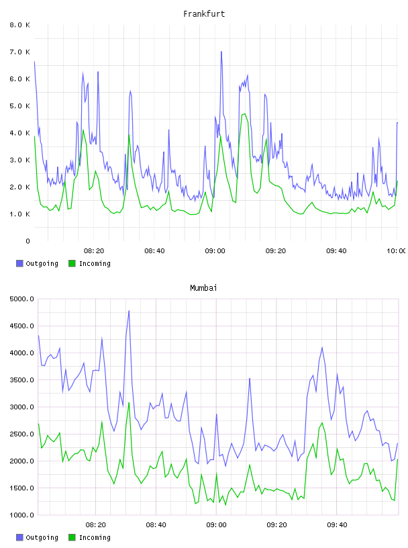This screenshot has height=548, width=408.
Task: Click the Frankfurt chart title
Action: (204, 14)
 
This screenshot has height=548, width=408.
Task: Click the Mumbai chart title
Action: (203, 288)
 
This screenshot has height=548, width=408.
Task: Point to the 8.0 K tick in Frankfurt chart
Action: (20, 25)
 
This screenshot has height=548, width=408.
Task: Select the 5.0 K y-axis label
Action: (20, 106)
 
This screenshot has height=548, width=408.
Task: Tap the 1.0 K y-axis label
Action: (20, 214)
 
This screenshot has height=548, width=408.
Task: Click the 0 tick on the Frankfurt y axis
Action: (28, 241)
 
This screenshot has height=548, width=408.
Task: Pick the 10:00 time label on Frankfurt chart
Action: (397, 251)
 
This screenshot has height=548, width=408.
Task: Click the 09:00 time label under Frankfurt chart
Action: (215, 251)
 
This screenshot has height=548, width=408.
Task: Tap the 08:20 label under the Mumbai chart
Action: (96, 525)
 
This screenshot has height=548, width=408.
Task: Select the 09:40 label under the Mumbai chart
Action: (337, 525)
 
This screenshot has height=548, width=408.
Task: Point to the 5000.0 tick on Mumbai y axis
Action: (22, 299)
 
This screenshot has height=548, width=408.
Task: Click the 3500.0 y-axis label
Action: (22, 380)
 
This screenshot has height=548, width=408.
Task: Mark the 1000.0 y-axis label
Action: (22, 515)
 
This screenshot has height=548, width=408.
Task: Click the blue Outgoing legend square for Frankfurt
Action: (19, 263)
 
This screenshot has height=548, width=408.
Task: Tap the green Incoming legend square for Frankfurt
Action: (72, 263)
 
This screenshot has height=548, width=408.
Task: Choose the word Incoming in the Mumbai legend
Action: (95, 537)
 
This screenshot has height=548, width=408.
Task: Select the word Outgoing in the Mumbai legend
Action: (42, 537)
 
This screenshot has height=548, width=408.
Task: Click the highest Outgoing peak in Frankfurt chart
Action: (221, 52)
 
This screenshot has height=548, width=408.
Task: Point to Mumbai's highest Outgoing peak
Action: (129, 311)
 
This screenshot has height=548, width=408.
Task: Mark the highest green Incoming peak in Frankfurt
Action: (244, 113)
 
